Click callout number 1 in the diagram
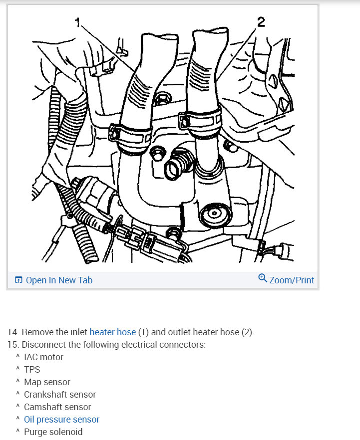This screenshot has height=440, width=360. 77,22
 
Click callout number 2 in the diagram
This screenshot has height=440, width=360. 261,22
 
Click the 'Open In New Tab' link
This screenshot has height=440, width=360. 59,280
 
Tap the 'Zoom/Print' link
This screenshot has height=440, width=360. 292,280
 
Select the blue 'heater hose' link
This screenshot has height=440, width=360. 112,332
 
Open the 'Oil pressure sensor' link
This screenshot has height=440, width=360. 61,420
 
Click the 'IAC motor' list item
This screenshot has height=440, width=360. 43,357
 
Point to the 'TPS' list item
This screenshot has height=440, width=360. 32,370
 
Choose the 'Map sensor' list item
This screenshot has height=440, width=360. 47,382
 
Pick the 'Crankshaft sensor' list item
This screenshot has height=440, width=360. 59,395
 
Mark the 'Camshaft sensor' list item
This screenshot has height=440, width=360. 57,407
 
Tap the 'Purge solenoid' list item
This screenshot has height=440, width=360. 53,432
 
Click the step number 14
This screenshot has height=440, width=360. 12,332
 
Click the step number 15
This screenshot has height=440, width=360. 12,345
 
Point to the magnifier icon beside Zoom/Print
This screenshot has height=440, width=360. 263,278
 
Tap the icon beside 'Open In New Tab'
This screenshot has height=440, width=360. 18,280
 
